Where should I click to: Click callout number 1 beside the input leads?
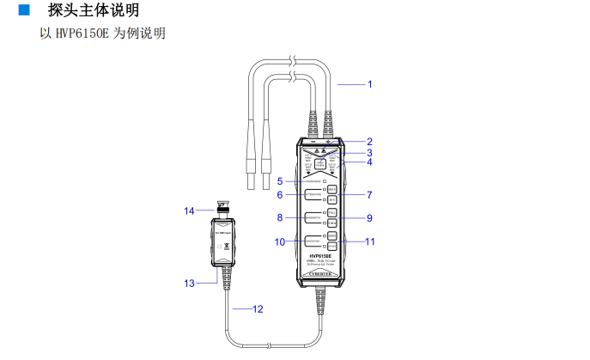click(370, 84)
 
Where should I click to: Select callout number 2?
click(370, 142)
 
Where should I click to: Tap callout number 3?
click(370, 152)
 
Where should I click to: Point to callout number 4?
click(370, 162)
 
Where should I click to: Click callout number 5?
click(280, 181)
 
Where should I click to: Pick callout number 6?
click(280, 195)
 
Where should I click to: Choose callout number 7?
click(370, 195)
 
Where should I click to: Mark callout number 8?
click(280, 217)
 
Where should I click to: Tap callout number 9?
click(370, 217)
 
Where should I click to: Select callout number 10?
click(280, 242)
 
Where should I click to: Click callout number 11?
click(370, 242)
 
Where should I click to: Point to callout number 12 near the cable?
click(257, 308)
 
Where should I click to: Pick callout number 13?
click(190, 283)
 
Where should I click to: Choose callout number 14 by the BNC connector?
click(190, 210)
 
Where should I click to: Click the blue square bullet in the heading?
click(23, 10)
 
